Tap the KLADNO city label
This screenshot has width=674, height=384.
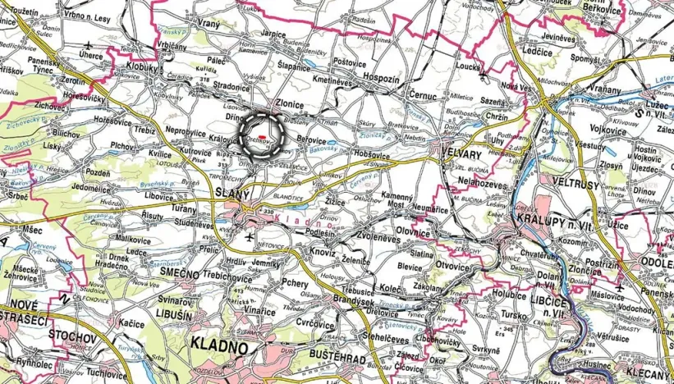[220, 345]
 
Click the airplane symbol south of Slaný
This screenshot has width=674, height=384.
[249, 237]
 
